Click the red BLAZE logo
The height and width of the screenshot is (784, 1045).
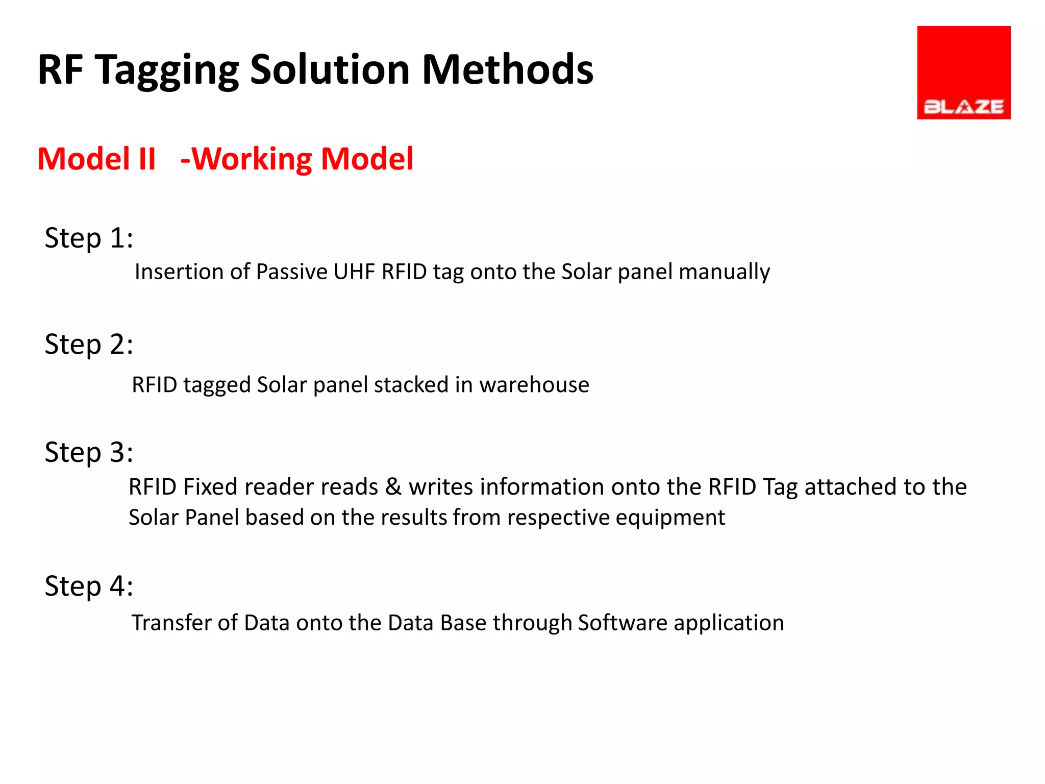point(963,72)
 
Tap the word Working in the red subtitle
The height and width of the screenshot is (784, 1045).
point(252,159)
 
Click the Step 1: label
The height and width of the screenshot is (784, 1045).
point(89,238)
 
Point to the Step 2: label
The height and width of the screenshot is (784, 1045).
point(89,345)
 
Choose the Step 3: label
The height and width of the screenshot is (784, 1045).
point(89,452)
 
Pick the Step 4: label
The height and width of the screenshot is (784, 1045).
point(89,586)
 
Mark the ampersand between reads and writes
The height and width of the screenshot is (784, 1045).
point(393,487)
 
